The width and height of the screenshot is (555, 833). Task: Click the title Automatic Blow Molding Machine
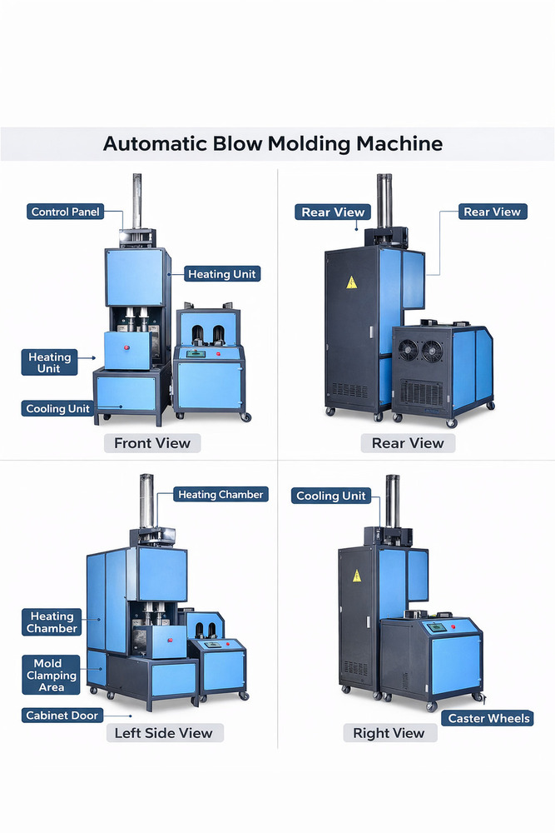click(273, 143)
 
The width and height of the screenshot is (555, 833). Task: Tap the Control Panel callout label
click(65, 212)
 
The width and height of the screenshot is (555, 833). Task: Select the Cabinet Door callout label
click(62, 716)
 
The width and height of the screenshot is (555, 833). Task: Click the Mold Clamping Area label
click(51, 676)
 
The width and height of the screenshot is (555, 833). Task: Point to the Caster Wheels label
click(488, 718)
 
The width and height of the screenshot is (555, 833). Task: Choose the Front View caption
click(152, 443)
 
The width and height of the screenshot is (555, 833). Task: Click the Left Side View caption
click(165, 734)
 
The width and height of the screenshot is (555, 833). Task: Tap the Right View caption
click(389, 733)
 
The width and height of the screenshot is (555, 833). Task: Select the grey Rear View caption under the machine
click(408, 443)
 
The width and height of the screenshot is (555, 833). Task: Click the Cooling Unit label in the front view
click(57, 409)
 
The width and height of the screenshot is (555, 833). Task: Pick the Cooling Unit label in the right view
click(331, 496)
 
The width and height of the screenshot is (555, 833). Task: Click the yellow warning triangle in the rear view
click(352, 282)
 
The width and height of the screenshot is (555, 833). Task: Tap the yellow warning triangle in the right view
click(357, 575)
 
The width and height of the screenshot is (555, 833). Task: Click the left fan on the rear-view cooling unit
click(408, 351)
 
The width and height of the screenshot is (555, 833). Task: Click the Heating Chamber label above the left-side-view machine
click(221, 495)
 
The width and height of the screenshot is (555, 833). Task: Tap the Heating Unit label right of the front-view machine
click(223, 274)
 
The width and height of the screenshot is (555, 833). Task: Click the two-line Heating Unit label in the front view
click(50, 362)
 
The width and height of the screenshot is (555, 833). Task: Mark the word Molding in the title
click(308, 143)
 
